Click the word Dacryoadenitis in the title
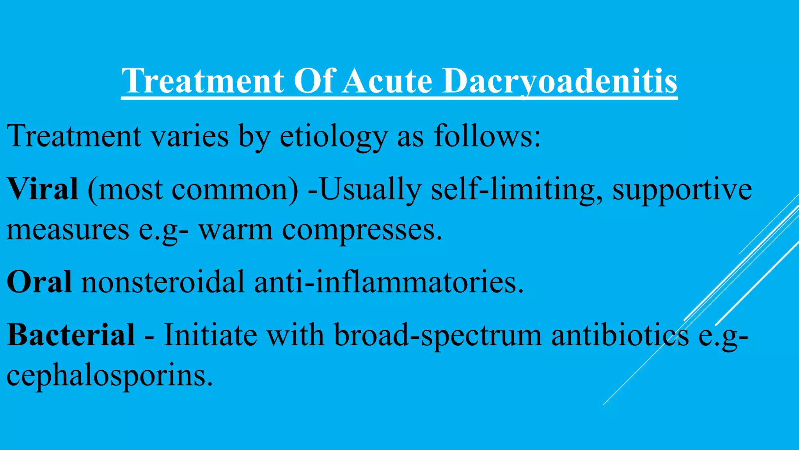click(x=560, y=81)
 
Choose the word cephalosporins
click(x=109, y=376)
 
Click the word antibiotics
click(x=620, y=335)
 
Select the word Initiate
click(x=210, y=335)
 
